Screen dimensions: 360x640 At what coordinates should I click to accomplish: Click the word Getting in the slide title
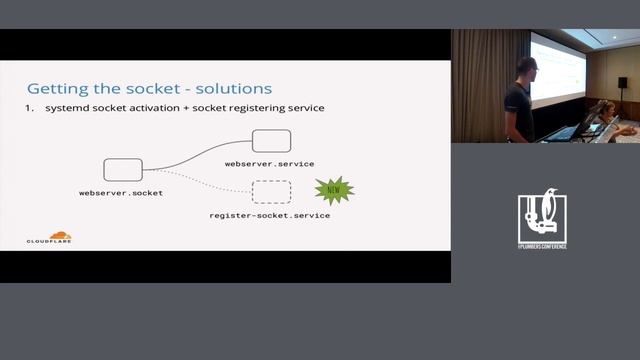54,88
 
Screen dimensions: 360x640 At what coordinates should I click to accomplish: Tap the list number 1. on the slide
31,107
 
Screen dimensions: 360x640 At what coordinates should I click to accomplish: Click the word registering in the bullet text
239,107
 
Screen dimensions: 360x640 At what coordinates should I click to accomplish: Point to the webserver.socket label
121,191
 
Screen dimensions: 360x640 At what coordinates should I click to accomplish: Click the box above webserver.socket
123,169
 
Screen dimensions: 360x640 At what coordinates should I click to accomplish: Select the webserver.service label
269,163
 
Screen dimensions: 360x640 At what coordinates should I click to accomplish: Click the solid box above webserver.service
271,141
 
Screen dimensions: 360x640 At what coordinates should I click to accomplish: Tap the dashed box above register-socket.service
271,191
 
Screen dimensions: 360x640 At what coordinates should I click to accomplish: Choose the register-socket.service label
269,215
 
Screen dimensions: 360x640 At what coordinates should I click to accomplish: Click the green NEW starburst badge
334,189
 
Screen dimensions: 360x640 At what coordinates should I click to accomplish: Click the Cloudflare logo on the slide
49,239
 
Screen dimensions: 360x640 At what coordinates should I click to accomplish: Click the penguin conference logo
542,214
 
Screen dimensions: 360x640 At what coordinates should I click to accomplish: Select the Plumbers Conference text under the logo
542,245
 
